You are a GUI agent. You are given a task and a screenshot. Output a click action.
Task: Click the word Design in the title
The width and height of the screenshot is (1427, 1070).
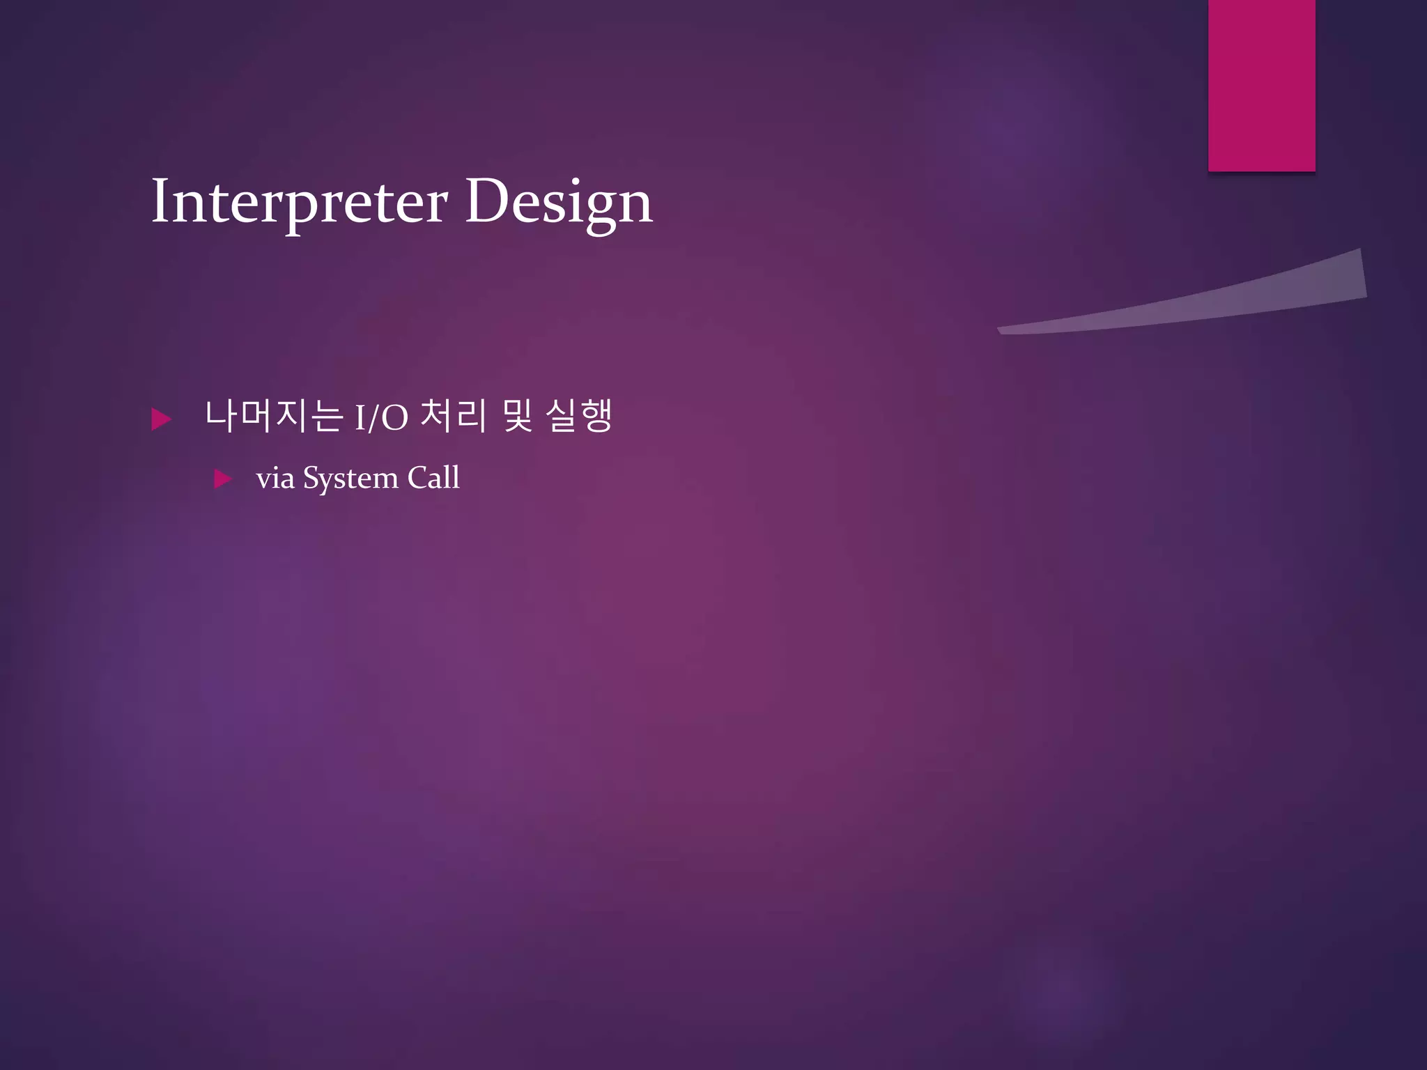(559, 202)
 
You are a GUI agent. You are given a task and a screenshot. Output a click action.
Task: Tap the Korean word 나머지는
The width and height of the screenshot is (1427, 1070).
(274, 417)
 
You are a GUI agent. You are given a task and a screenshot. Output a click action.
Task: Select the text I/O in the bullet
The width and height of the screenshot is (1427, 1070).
(381, 419)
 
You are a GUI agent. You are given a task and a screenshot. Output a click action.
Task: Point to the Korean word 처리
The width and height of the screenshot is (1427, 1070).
(453, 417)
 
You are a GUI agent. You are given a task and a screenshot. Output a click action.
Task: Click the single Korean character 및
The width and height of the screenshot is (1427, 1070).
(517, 417)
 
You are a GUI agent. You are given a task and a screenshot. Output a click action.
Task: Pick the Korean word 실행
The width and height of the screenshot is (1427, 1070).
(578, 417)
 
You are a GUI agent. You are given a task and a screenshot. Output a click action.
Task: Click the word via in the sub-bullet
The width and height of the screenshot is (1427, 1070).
(275, 479)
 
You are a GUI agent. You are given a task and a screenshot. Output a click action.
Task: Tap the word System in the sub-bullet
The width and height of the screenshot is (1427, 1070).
(350, 479)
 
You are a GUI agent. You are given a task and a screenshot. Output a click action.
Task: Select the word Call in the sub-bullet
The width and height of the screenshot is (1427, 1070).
(433, 478)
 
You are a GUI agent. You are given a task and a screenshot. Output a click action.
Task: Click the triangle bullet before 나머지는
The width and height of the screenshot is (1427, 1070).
(161, 419)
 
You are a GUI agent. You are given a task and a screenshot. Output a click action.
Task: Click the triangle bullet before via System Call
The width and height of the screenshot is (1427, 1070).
(223, 479)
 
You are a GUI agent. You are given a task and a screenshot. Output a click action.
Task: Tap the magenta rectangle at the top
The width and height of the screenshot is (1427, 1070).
(1261, 85)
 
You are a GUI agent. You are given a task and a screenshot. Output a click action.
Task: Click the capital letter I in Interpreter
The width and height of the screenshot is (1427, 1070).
(160, 201)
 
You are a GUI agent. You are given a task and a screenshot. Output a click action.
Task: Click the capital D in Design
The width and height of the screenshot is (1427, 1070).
(485, 201)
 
